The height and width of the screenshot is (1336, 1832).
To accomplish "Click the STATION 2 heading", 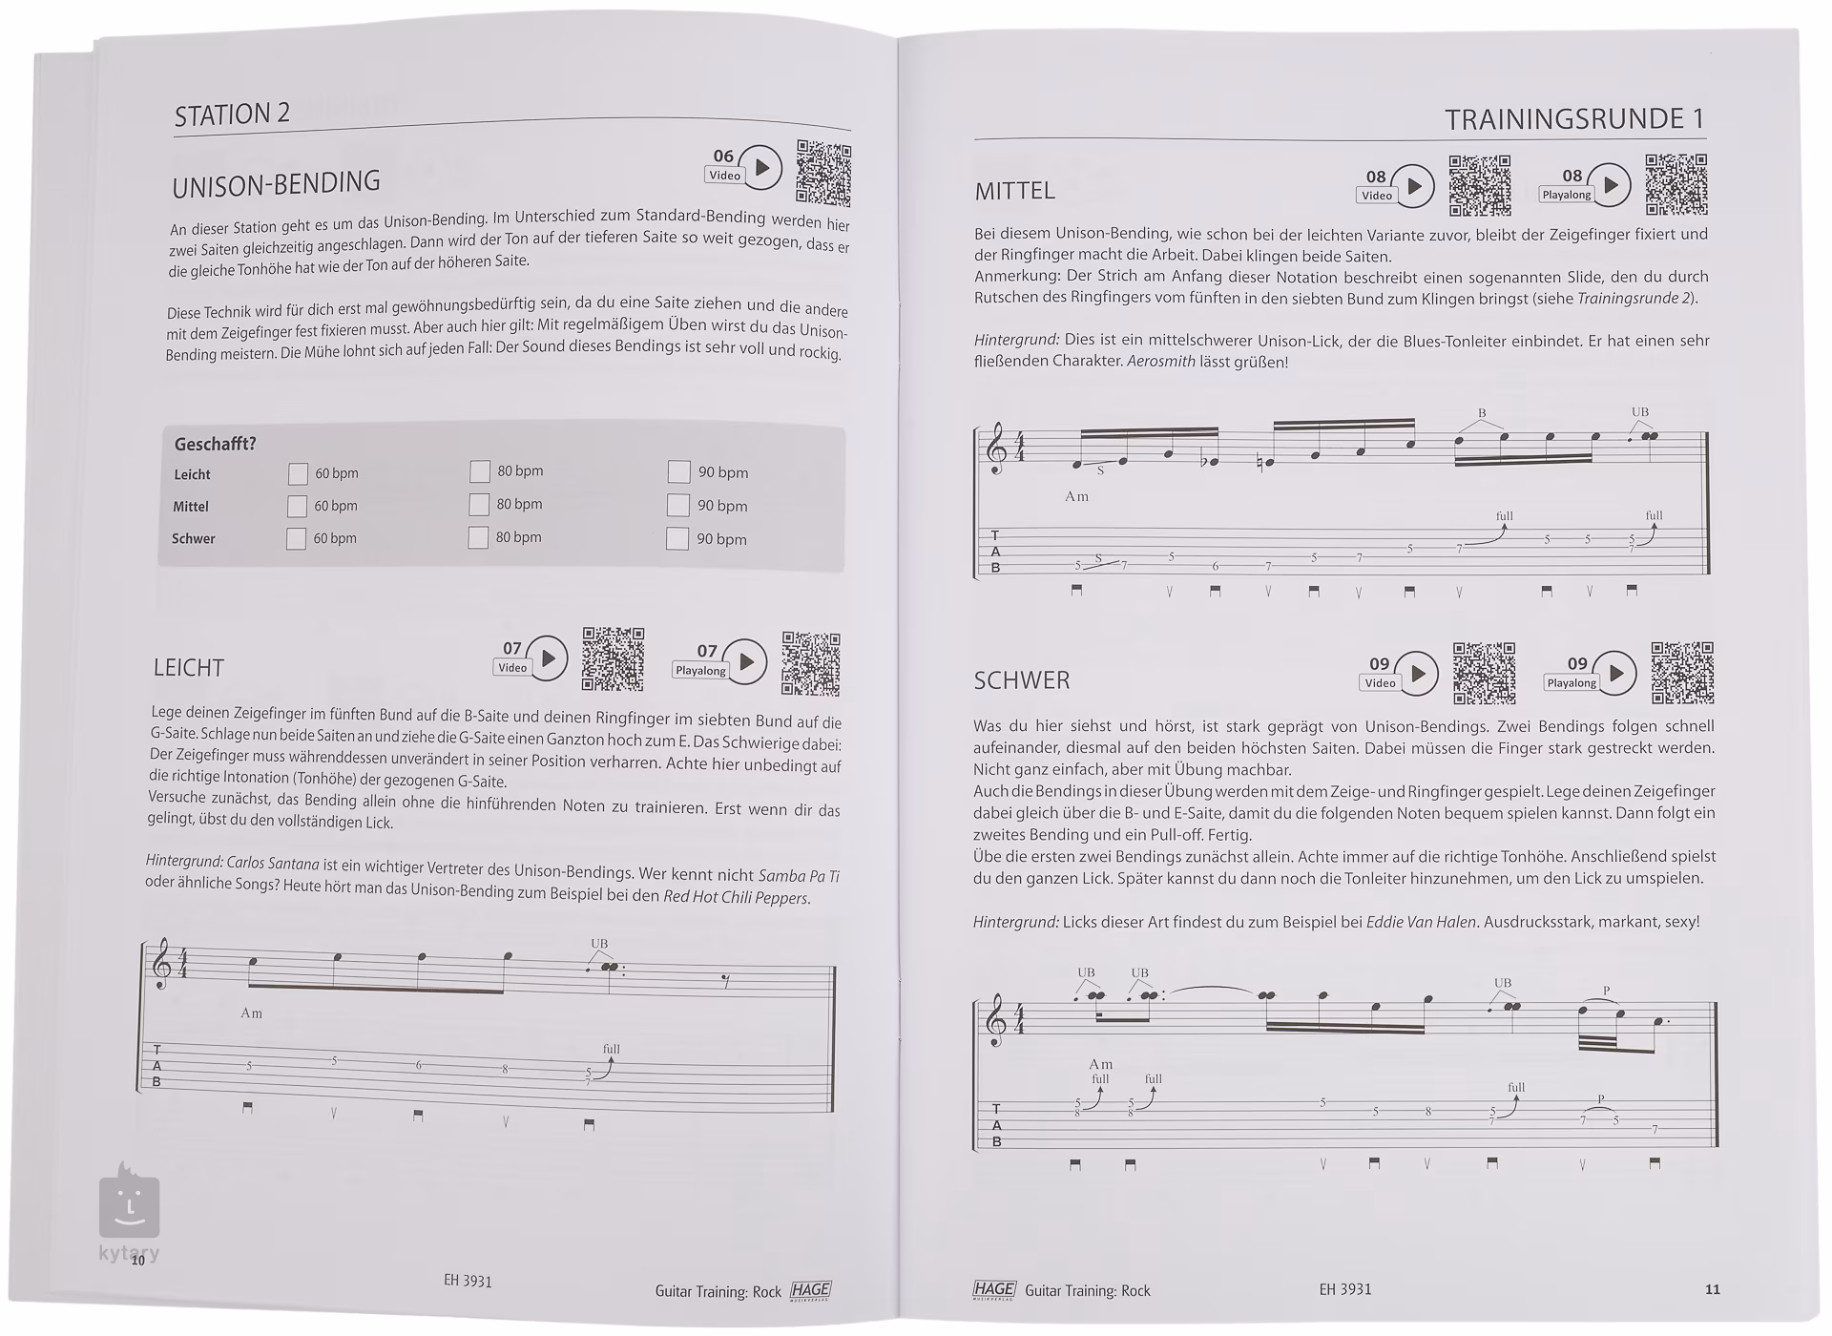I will coord(232,115).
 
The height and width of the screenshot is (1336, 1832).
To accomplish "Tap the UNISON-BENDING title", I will coord(276,183).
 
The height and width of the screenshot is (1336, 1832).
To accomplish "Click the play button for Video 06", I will coord(761,168).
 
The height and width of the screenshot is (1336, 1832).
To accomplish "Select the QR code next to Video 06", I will coord(823,173).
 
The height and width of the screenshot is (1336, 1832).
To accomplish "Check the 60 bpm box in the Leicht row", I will coord(298,473).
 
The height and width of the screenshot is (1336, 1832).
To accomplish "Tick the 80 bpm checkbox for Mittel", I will coord(479,504).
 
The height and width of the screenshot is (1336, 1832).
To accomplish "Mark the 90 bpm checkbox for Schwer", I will coord(677,538).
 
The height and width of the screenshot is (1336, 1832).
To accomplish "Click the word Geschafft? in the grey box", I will coord(215,444).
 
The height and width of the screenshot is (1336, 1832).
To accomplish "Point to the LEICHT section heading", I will coord(189,667).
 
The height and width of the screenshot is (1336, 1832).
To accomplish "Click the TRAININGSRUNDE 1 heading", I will coord(1573,119).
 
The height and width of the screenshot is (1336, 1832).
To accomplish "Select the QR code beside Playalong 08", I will coord(1676,184).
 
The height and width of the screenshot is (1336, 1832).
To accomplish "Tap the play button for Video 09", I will coord(1418,674).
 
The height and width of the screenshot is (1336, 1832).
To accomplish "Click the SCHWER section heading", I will coord(1021,680).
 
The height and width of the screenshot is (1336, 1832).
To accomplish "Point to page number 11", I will coord(1712,1289).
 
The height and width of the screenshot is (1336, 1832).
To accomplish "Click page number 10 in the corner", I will coord(138,1261).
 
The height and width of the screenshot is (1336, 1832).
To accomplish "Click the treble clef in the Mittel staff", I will coord(997,449).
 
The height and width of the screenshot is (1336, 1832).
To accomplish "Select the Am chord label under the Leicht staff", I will coord(251,1012).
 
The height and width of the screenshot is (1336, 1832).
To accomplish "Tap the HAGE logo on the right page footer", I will coord(993,1289).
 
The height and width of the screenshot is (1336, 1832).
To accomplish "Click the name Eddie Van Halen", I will coord(1421,922).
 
